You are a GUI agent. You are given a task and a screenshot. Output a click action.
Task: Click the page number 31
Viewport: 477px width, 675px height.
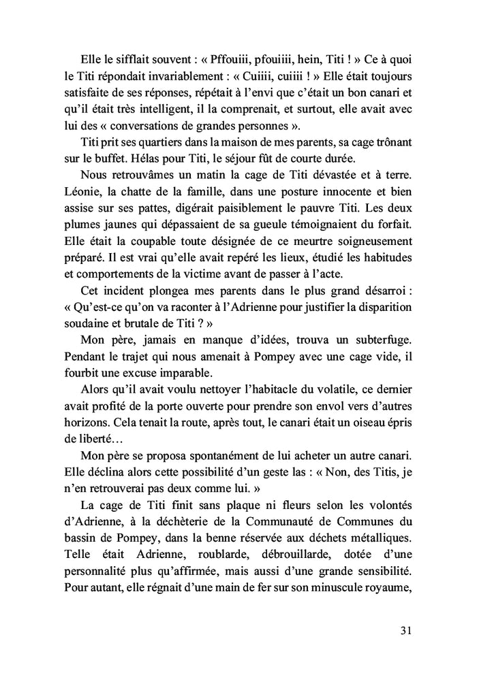pyautogui.click(x=405, y=630)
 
